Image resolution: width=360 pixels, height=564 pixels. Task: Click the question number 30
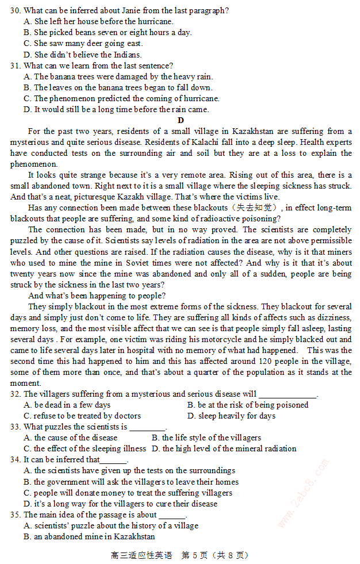click(15, 10)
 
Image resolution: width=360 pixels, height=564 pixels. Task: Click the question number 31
click(15, 66)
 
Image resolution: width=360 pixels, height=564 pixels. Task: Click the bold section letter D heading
click(181, 120)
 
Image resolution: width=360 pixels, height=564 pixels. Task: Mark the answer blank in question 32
click(288, 394)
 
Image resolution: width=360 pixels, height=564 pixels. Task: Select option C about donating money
click(128, 493)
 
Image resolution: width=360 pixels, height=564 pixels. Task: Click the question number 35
click(15, 515)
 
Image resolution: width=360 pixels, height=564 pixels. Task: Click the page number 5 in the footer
click(195, 555)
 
